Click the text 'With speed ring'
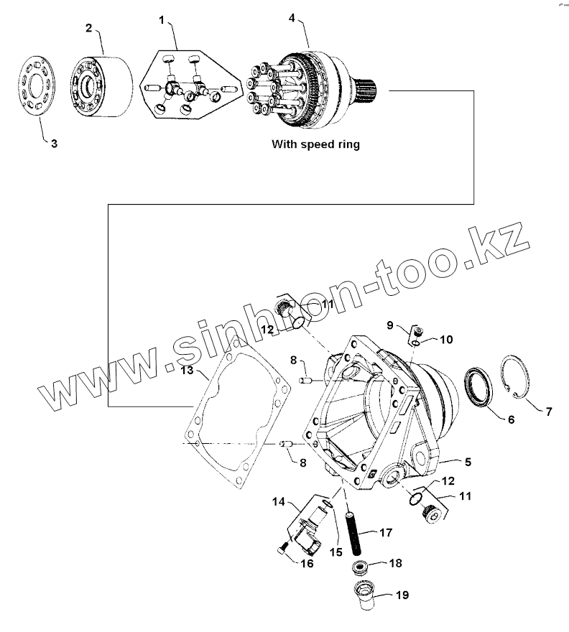315,144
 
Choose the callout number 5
468,463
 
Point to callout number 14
279,501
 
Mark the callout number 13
187,370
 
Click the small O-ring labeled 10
417,344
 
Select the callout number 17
386,533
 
